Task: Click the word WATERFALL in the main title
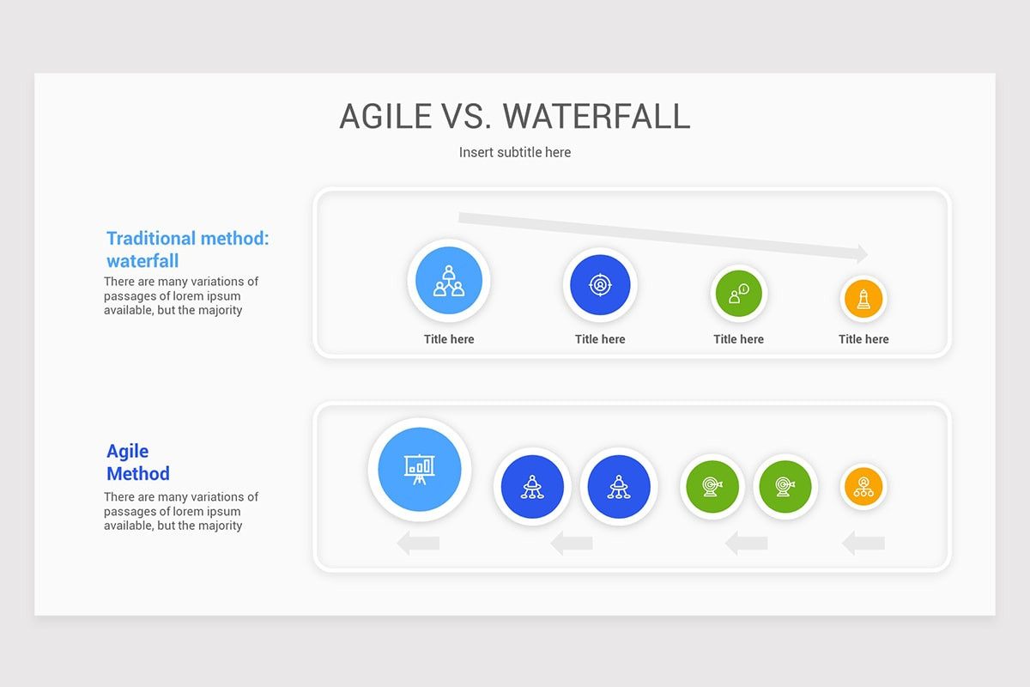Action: click(x=597, y=116)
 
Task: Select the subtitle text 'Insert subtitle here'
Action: click(x=515, y=152)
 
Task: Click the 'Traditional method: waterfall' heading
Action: click(x=187, y=249)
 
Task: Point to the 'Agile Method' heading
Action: click(x=137, y=462)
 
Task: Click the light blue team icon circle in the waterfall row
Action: click(x=449, y=281)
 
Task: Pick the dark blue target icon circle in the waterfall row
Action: click(x=600, y=285)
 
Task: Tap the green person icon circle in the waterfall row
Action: click(x=739, y=294)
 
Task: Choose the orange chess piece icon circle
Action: click(x=863, y=299)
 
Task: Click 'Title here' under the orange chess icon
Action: click(x=863, y=339)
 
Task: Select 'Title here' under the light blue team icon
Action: click(x=449, y=339)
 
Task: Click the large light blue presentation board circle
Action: click(x=420, y=469)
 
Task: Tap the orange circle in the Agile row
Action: click(x=863, y=487)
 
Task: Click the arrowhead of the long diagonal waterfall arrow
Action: click(x=859, y=253)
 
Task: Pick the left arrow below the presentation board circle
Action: click(x=418, y=543)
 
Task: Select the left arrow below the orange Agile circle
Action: click(x=863, y=543)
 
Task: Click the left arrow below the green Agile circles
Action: click(x=746, y=543)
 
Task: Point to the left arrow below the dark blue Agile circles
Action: click(x=571, y=543)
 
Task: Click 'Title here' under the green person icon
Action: click(x=739, y=339)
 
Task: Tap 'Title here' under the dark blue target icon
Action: click(x=600, y=339)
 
